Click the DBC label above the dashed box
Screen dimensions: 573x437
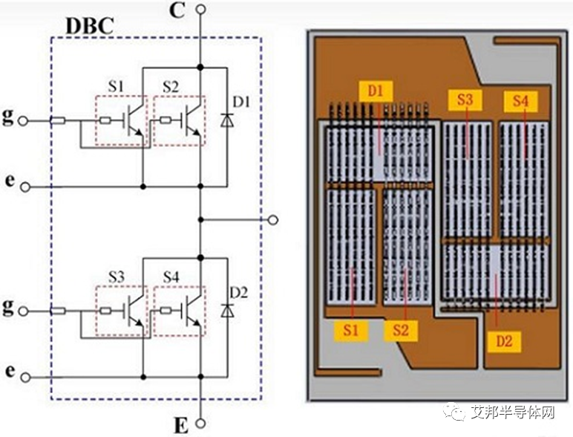[x=90, y=25]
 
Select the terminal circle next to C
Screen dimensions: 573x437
[x=200, y=9]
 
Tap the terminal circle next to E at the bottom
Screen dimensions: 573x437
[x=200, y=424]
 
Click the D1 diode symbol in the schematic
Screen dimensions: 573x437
[x=227, y=120]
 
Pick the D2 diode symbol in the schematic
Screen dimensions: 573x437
[x=227, y=311]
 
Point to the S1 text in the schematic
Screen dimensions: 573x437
[x=116, y=87]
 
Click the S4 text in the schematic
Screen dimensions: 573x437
[x=171, y=277]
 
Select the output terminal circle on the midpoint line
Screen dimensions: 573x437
[x=273, y=219]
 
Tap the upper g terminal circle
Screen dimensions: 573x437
[x=23, y=121]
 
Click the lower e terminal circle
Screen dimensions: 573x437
[x=25, y=378]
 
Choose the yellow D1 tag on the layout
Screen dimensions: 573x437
[x=376, y=91]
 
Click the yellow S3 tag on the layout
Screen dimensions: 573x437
[x=465, y=100]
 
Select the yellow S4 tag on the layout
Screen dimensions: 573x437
[x=520, y=101]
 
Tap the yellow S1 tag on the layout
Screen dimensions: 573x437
[x=351, y=331]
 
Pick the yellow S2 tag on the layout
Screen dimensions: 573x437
[x=401, y=331]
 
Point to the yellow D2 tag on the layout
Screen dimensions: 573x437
[x=504, y=342]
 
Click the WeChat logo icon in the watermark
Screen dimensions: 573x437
[x=454, y=412]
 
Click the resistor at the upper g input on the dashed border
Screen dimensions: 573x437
[x=58, y=120]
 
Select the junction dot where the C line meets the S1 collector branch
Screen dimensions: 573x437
[x=200, y=68]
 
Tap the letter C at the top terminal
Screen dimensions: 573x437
[x=177, y=11]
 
